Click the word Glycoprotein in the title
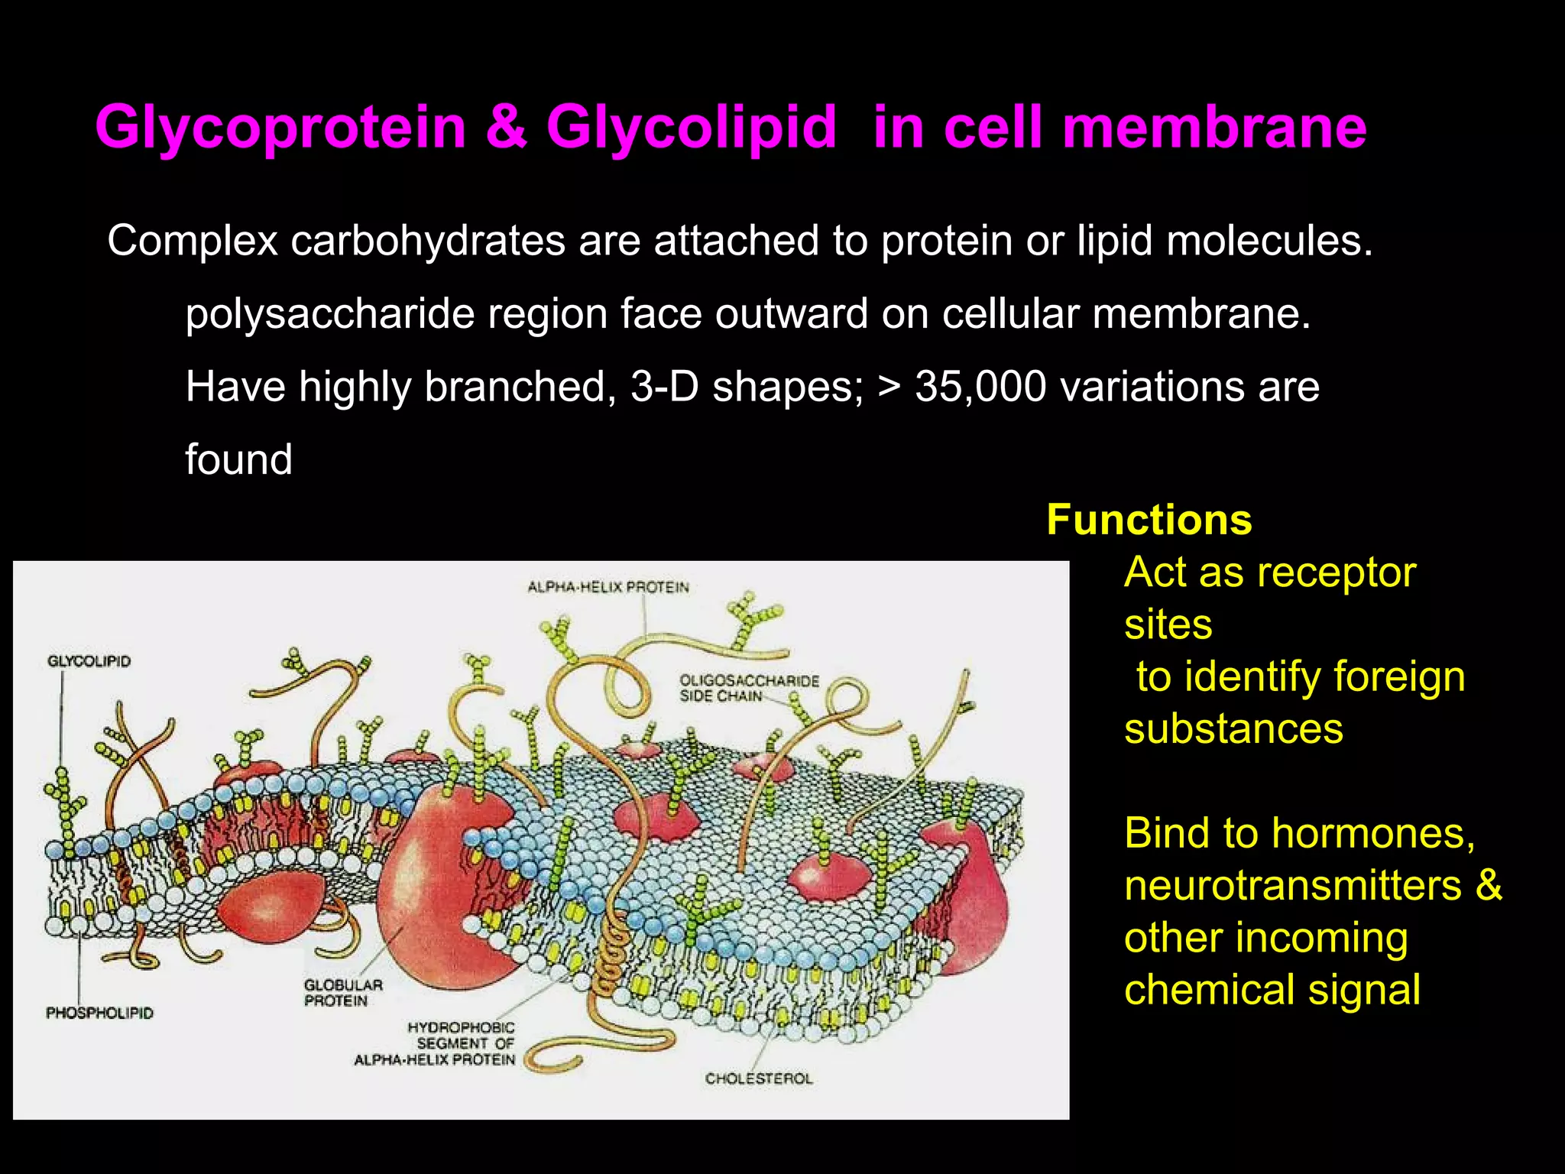280,127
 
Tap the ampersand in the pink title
506,127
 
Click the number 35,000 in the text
980,387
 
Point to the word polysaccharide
329,314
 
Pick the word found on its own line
238,460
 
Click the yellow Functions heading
1149,521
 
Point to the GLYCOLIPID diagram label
89,661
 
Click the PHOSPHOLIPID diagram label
99,1013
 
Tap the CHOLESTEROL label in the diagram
759,1078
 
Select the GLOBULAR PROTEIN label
343,993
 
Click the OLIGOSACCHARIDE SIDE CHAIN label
748,688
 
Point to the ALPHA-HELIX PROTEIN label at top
608,588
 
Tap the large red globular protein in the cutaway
439,887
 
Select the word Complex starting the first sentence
192,241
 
